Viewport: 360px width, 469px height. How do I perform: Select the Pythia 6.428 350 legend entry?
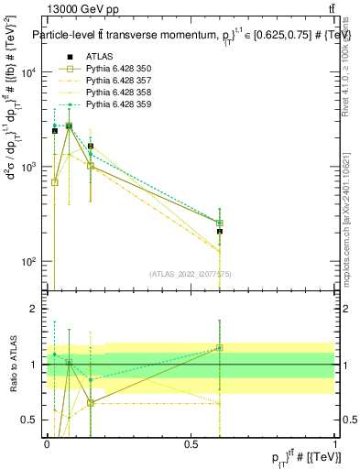point(115,69)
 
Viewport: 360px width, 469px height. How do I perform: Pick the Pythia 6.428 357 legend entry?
point(115,81)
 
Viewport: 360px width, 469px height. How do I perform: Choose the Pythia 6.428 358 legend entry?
point(115,93)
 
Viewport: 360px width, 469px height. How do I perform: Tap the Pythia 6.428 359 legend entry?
point(115,104)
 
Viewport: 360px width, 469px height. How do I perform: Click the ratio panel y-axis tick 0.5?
point(33,420)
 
